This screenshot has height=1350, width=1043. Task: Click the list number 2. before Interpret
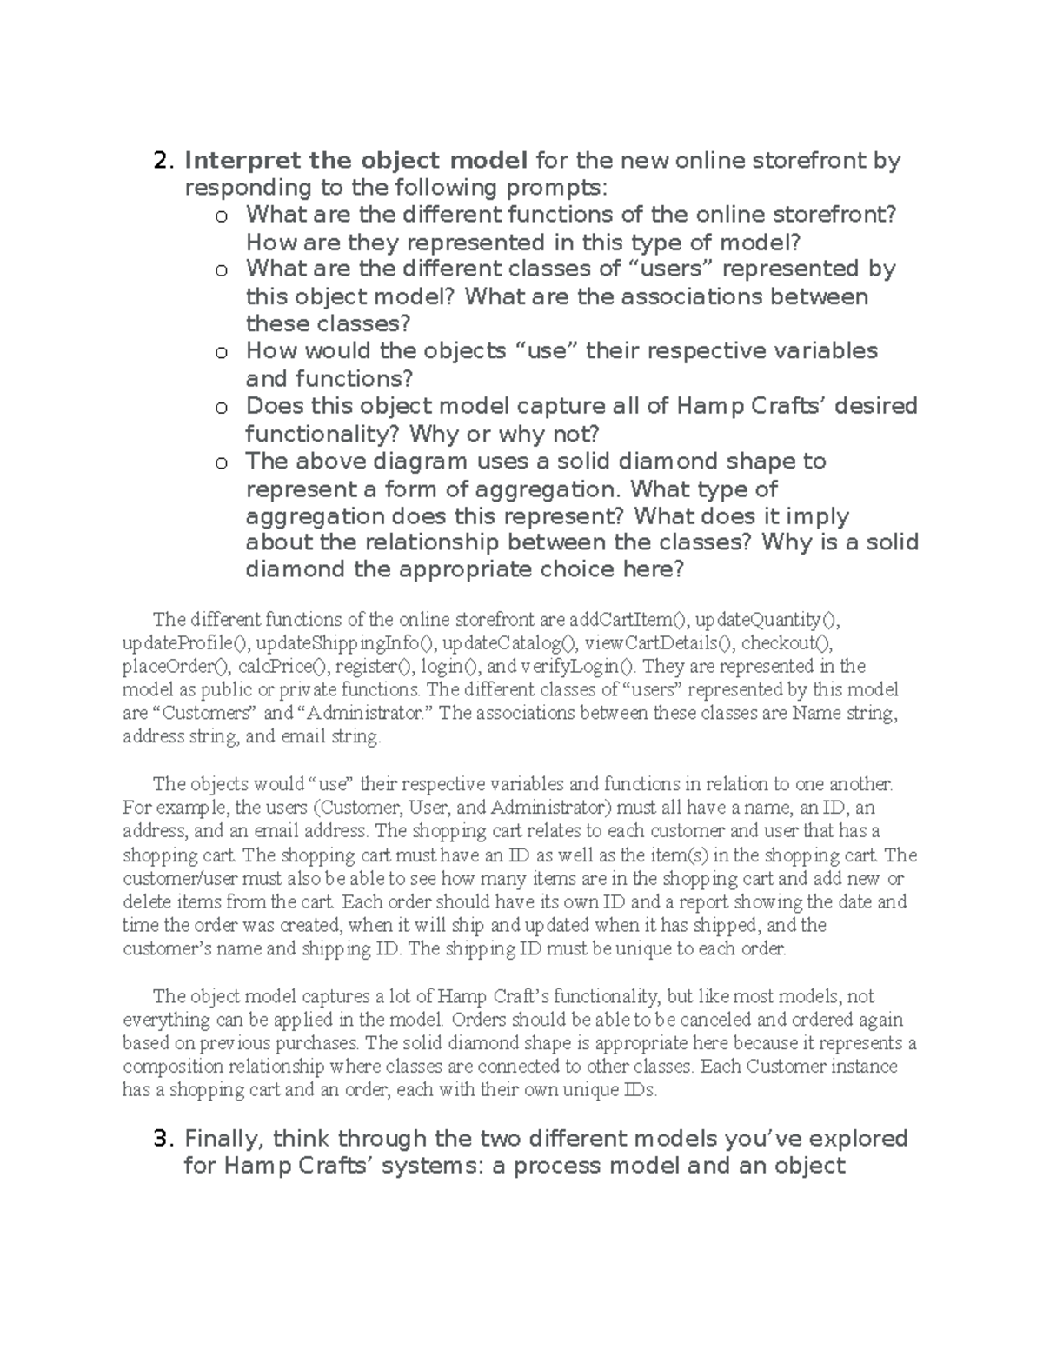163,161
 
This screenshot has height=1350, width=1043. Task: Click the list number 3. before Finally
163,1139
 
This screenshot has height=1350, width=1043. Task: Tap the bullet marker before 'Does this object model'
222,408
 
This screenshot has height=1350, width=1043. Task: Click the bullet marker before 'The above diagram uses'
222,462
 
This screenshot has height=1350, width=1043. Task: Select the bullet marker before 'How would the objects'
222,353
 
